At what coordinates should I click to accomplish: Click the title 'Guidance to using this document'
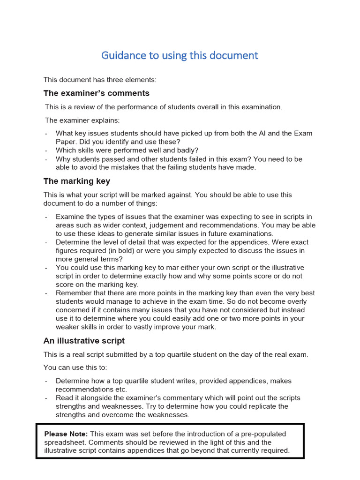pyautogui.click(x=180, y=55)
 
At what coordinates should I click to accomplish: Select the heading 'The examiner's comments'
pyautogui.click(x=96, y=93)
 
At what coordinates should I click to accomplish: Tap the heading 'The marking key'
pyautogui.click(x=77, y=181)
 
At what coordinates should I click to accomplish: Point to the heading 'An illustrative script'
pyautogui.click(x=84, y=341)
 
